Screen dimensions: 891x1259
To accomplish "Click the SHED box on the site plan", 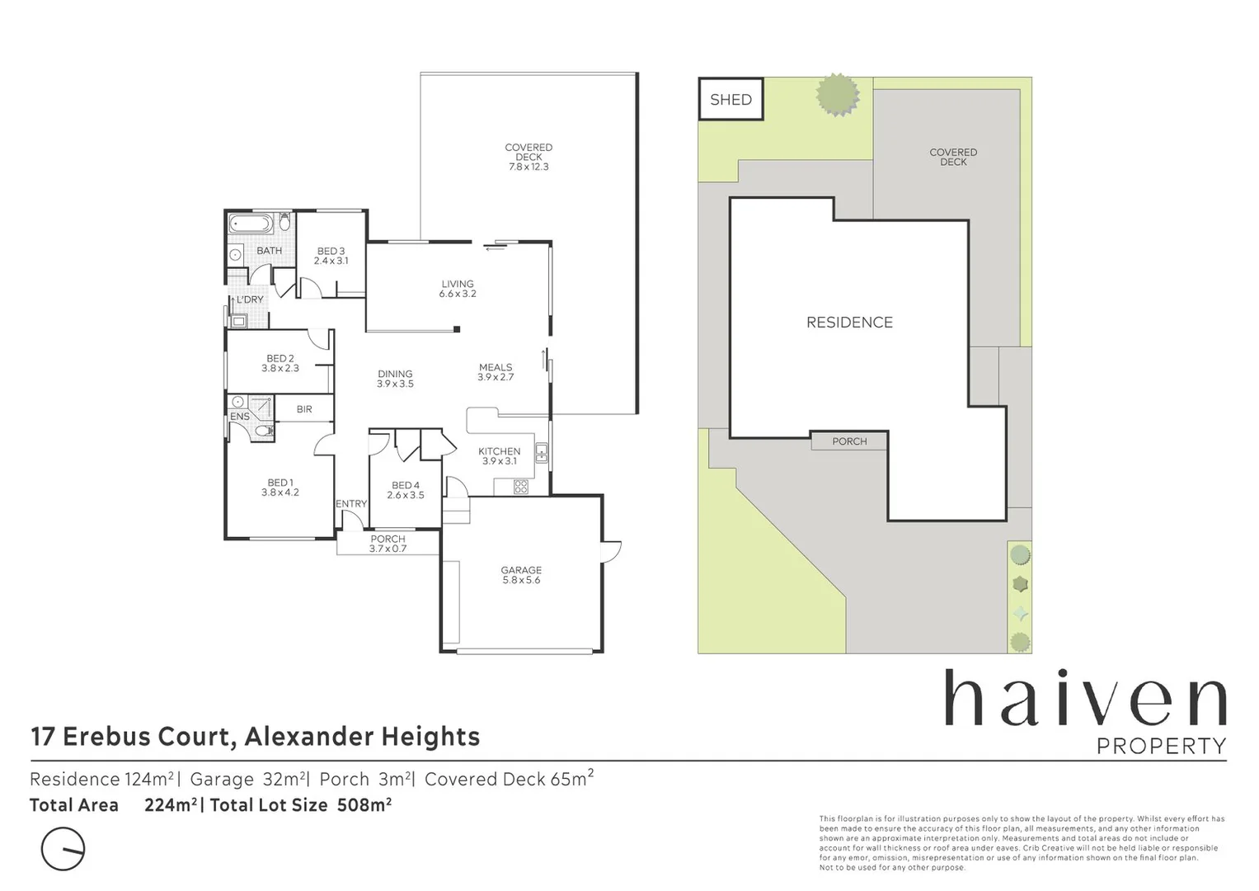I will click(x=731, y=100).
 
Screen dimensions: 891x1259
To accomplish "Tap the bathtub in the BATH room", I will click(x=251, y=224).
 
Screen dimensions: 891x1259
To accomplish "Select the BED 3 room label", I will click(x=331, y=256).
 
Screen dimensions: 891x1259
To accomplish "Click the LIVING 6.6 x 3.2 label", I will click(x=458, y=289).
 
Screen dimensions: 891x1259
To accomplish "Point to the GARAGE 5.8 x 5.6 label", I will click(x=521, y=575).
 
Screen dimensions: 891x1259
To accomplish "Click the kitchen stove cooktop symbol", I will click(x=521, y=487).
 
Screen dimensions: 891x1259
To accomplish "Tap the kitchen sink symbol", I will click(x=542, y=452).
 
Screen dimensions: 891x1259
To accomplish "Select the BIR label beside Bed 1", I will click(x=304, y=409).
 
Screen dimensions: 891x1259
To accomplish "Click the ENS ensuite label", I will click(x=239, y=417).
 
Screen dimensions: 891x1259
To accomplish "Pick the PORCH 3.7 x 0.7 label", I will click(x=388, y=544).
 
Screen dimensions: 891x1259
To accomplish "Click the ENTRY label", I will click(x=351, y=504).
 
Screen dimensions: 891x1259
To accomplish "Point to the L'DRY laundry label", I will click(x=250, y=299).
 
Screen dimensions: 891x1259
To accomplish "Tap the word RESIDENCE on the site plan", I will click(x=849, y=323).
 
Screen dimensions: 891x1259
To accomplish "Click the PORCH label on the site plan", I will click(x=849, y=441).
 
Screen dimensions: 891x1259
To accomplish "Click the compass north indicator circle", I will click(x=63, y=848).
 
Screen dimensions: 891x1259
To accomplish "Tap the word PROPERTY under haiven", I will click(x=1161, y=746).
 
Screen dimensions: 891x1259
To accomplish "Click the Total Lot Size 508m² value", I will click(x=364, y=805).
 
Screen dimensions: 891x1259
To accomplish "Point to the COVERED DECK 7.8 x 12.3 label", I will click(x=528, y=157).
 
